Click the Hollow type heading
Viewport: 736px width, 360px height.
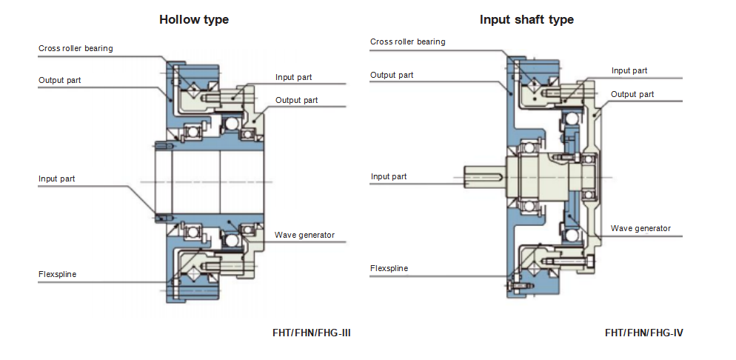pyautogui.click(x=194, y=20)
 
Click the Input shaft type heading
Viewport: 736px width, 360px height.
pyautogui.click(x=526, y=20)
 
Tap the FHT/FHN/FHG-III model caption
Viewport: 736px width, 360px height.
pyautogui.click(x=311, y=333)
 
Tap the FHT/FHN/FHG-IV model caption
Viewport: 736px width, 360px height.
pyautogui.click(x=643, y=333)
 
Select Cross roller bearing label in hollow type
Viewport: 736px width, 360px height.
pyautogui.click(x=76, y=49)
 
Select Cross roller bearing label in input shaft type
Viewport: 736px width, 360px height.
pyautogui.click(x=407, y=41)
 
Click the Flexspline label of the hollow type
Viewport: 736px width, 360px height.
pyautogui.click(x=57, y=275)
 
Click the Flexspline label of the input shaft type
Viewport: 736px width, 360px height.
pyautogui.click(x=389, y=268)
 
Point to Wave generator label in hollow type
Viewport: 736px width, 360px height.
pyautogui.click(x=304, y=236)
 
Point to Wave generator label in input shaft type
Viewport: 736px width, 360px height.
pyautogui.click(x=640, y=228)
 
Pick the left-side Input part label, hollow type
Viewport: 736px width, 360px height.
pyautogui.click(x=56, y=179)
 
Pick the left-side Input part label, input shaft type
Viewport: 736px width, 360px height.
pyautogui.click(x=389, y=176)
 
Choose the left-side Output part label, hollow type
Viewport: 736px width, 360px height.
pyautogui.click(x=60, y=80)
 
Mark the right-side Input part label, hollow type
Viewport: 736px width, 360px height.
pyautogui.click(x=293, y=77)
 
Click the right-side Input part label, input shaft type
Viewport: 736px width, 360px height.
pyautogui.click(x=629, y=70)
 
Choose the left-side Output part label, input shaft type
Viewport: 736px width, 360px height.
pyautogui.click(x=392, y=75)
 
